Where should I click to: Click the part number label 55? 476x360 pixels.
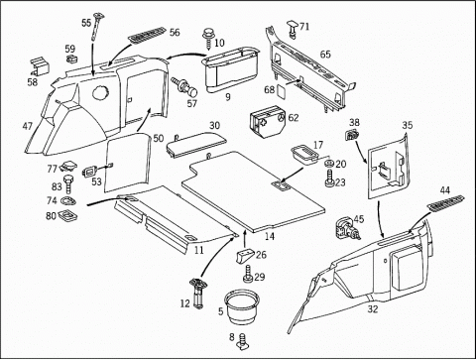point(86,23)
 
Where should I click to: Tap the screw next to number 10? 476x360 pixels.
point(208,39)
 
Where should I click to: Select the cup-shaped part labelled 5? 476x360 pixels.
point(241,305)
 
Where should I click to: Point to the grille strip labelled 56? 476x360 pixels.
point(147,35)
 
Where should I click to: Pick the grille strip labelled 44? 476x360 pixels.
point(446,202)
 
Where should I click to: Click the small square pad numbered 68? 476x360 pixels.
point(281,90)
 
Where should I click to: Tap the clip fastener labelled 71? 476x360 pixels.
point(293,29)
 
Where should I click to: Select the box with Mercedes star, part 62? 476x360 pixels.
point(269,122)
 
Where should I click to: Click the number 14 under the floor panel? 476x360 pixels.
point(270,237)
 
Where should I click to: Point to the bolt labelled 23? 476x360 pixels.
point(329,179)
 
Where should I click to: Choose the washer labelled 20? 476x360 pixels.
point(329,163)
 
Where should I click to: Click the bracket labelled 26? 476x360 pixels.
point(245,256)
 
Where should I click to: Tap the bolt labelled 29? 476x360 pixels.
point(248,274)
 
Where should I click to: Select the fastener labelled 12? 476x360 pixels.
point(198,294)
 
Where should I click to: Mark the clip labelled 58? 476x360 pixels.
point(39,66)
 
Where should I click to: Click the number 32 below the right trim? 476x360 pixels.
point(373,309)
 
